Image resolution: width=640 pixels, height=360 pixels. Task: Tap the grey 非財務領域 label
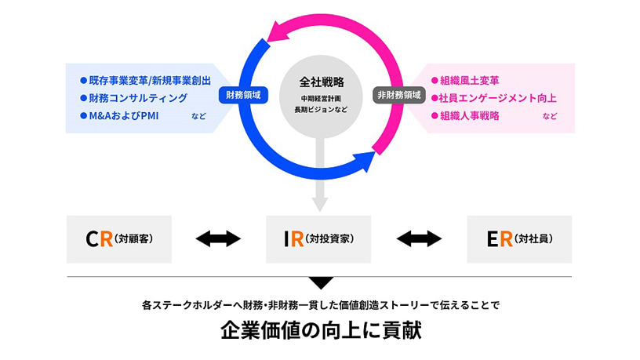[398, 95]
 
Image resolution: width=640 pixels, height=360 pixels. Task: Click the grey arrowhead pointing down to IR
[319, 203]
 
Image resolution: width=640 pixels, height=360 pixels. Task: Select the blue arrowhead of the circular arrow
[362, 162]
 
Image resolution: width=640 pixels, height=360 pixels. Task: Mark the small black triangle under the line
[320, 282]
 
